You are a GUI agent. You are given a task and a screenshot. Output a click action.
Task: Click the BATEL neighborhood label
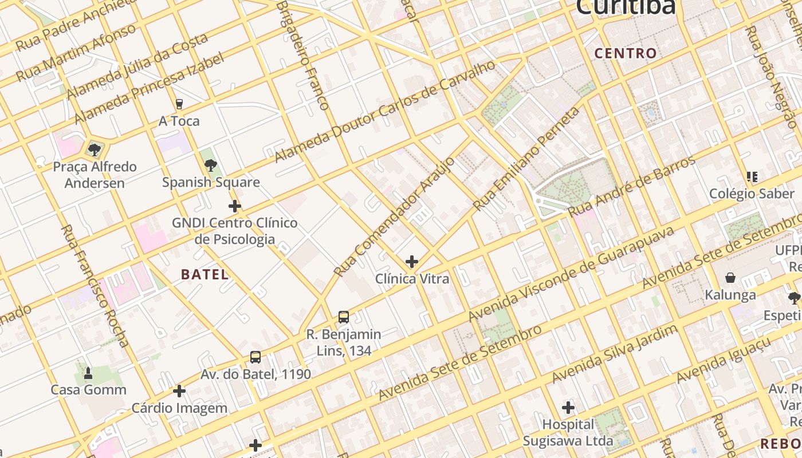click(205, 274)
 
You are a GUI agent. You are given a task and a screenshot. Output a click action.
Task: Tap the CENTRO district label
click(626, 54)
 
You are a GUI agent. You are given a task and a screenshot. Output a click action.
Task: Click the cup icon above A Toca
click(179, 104)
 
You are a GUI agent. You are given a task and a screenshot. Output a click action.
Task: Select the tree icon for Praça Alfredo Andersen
click(95, 150)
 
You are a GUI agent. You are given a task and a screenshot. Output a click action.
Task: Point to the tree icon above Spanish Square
click(211, 165)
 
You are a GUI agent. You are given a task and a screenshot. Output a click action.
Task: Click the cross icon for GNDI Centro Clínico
click(234, 206)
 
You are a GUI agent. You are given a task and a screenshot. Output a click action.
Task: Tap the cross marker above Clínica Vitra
click(411, 262)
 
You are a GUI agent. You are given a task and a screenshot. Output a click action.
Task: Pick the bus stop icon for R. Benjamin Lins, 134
click(344, 317)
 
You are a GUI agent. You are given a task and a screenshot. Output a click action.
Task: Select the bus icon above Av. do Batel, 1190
click(255, 358)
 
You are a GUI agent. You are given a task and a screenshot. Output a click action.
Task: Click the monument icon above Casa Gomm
click(88, 373)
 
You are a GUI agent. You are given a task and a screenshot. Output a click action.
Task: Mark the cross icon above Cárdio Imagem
click(179, 392)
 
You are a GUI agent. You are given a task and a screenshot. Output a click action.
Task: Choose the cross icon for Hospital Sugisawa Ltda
click(568, 408)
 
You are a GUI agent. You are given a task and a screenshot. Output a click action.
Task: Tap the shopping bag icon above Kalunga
click(730, 278)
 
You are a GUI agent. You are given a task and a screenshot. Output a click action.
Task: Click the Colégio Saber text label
click(752, 194)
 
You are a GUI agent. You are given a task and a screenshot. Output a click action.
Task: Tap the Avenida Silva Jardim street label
click(615, 353)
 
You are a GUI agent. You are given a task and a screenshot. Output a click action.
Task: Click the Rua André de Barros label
click(631, 186)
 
